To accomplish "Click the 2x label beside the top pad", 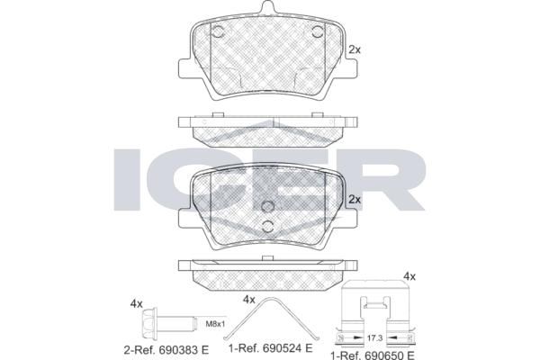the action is pyautogui.click(x=355, y=50).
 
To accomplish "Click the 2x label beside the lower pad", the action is pyautogui.click(x=355, y=200).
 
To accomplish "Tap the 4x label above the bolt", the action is pyautogui.click(x=136, y=304).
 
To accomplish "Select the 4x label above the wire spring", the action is pyautogui.click(x=249, y=300).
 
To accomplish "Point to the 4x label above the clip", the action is pyautogui.click(x=409, y=276).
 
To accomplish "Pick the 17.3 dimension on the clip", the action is pyautogui.click(x=374, y=338).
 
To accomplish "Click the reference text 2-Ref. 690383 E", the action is pyautogui.click(x=166, y=350).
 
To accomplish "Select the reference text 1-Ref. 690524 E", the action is pyautogui.click(x=271, y=348).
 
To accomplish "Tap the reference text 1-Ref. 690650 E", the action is pyautogui.click(x=373, y=355).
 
